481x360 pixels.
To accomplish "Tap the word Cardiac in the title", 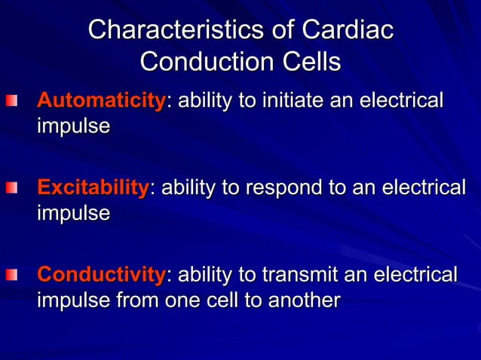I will pos(348,30).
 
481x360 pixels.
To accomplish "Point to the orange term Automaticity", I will pos(101,100).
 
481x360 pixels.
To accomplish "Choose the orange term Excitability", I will pos(93,188).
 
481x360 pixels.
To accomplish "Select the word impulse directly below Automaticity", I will pos(73,126).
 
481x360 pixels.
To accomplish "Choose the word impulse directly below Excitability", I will pos(73,213).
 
